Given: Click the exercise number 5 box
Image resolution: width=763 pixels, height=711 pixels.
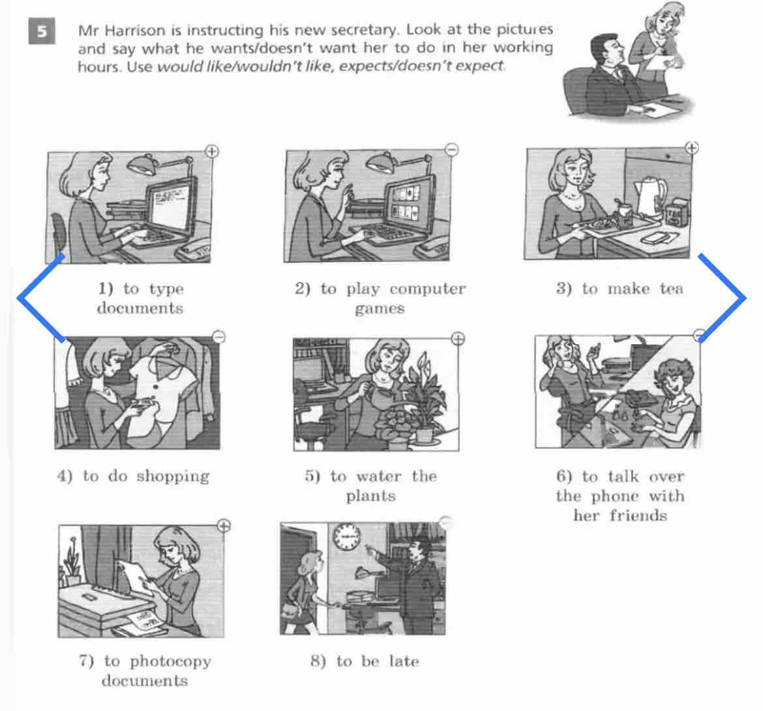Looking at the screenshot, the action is [x=42, y=31].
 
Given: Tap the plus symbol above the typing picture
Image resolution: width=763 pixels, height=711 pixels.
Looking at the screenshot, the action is [x=212, y=151].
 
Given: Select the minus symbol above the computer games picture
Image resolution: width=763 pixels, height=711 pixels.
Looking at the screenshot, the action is [x=452, y=150].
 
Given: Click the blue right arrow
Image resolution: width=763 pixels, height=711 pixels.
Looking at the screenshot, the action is [x=722, y=298].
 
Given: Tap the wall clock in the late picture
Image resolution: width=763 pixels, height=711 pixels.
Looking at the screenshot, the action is [x=346, y=537].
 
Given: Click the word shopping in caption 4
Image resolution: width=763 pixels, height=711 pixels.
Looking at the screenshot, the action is [x=173, y=476].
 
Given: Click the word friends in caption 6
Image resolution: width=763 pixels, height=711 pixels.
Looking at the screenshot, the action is [x=638, y=515].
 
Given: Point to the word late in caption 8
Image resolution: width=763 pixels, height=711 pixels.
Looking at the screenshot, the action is [x=404, y=661].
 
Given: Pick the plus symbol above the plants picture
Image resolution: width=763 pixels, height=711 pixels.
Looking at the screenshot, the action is [x=458, y=338].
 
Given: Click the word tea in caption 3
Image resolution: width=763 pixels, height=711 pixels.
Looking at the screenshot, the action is [x=672, y=289].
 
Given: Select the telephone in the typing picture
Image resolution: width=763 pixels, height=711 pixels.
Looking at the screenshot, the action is [x=194, y=250].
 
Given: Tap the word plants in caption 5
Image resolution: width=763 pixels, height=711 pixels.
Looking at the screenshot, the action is [x=371, y=497].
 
